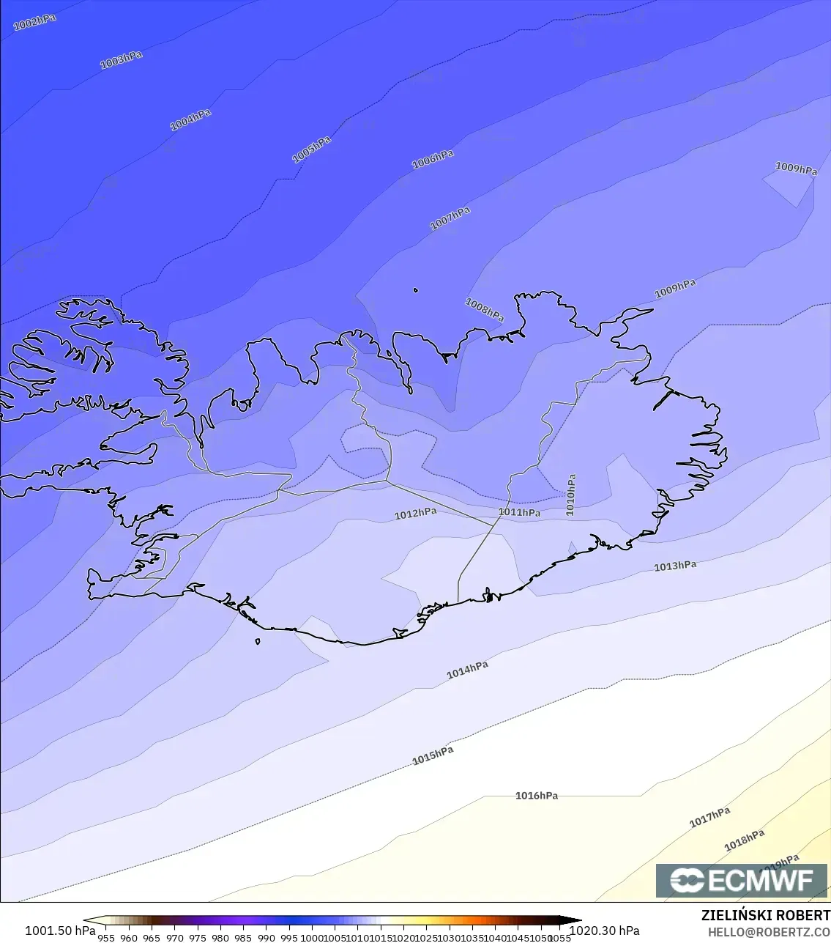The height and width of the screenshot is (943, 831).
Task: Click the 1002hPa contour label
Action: pyautogui.click(x=34, y=22)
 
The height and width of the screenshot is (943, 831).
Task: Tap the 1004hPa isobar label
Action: pyautogui.click(x=190, y=119)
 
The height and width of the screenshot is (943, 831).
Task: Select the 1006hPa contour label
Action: pyautogui.click(x=433, y=159)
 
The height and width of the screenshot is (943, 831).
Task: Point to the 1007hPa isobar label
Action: pyautogui.click(x=450, y=218)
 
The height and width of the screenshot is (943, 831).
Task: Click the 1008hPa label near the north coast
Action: pyautogui.click(x=485, y=311)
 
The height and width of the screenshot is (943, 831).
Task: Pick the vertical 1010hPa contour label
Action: pyautogui.click(x=571, y=495)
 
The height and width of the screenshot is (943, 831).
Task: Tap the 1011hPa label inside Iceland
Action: pyautogui.click(x=520, y=512)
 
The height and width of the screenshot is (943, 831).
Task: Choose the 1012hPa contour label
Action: pyautogui.click(x=415, y=514)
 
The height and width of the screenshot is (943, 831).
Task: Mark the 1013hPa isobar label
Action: pyautogui.click(x=675, y=566)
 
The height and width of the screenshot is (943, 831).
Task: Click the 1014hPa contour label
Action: pyautogui.click(x=467, y=670)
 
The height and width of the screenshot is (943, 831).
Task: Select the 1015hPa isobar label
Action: pyautogui.click(x=433, y=755)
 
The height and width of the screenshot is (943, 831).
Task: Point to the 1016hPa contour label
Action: pyautogui.click(x=537, y=796)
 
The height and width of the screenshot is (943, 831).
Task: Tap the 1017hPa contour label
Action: pyautogui.click(x=709, y=817)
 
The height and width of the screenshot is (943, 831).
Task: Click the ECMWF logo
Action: pyautogui.click(x=742, y=880)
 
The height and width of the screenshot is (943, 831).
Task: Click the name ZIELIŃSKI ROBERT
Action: pyautogui.click(x=765, y=915)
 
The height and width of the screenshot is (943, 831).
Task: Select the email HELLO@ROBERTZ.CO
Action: pyautogui.click(x=769, y=932)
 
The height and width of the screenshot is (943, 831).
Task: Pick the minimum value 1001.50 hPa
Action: pyautogui.click(x=60, y=931)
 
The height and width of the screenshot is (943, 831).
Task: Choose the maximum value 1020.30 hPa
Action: pyautogui.click(x=604, y=931)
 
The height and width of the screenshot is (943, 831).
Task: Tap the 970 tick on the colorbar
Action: pyautogui.click(x=174, y=937)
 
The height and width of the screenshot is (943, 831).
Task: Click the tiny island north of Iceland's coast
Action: pyautogui.click(x=416, y=290)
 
